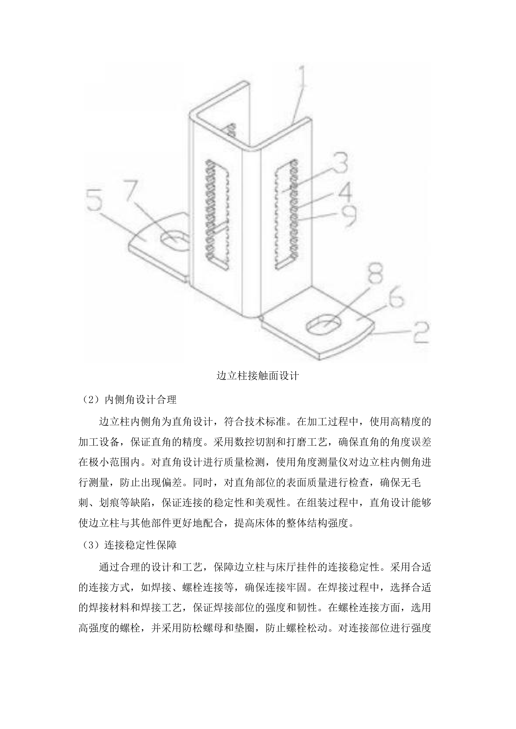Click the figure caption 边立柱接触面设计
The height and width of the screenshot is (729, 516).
click(x=258, y=376)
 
